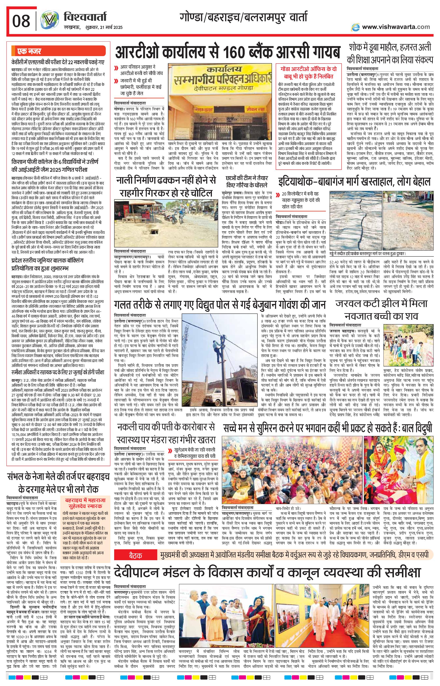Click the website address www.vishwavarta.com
(x=396, y=27)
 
